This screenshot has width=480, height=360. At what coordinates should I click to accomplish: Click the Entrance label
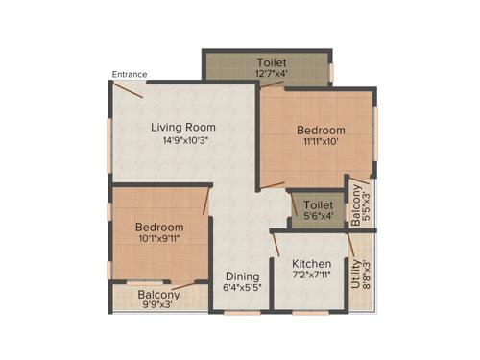[129, 73]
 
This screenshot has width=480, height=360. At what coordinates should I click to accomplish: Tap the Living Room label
[181, 127]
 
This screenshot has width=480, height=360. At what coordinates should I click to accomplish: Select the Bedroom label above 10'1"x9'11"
[160, 227]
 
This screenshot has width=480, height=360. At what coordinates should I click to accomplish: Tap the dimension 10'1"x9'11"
[160, 240]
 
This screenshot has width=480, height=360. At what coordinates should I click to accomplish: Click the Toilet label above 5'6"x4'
[318, 204]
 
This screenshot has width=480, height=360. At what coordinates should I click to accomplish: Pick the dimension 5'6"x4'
[318, 218]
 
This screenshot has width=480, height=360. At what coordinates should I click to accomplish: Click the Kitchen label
[311, 264]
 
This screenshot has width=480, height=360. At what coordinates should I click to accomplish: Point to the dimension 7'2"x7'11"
[311, 277]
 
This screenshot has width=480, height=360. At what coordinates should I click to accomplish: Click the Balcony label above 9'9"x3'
[159, 295]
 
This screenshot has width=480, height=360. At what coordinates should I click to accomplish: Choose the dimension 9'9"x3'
[159, 307]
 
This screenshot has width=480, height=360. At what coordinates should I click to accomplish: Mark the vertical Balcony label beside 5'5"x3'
[356, 204]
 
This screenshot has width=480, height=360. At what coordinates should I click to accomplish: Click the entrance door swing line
[128, 89]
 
